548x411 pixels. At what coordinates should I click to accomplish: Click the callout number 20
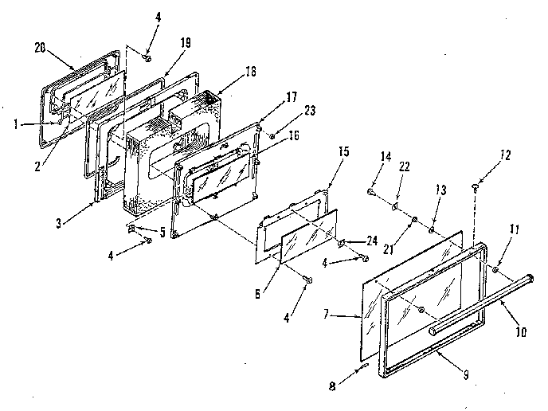tap(40, 47)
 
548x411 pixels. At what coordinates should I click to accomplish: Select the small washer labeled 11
tap(495, 271)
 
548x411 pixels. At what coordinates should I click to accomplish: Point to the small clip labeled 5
tap(134, 229)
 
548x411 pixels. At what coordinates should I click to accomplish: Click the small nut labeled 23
tap(272, 136)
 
